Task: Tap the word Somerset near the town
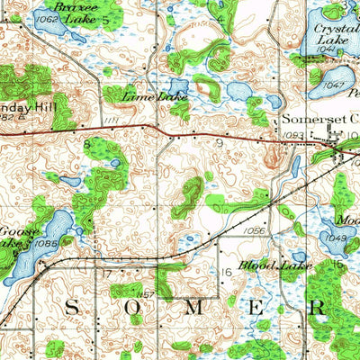point(303,118)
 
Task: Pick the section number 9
point(219,142)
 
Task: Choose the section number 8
point(87,142)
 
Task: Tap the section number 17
point(105,273)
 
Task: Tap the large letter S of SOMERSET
point(71,308)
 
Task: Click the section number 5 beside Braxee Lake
point(105,18)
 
